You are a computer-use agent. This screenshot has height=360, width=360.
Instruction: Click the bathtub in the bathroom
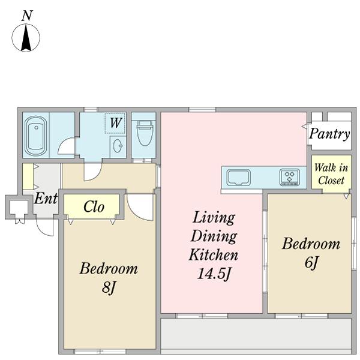point(36,136)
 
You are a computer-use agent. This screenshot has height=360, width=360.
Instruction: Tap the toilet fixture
point(145,133)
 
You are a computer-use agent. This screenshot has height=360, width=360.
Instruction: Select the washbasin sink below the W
point(118,146)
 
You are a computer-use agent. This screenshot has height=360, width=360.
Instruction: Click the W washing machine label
point(115,122)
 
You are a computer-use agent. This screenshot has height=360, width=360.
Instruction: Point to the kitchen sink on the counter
point(239,178)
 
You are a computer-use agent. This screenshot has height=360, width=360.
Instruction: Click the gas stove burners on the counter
point(290,177)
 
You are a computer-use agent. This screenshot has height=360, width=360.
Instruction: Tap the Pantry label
point(329,134)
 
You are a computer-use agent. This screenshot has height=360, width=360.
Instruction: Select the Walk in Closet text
point(331,174)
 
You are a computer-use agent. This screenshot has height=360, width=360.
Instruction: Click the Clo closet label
point(94,206)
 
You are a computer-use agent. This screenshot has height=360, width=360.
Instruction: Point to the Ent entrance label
point(46,198)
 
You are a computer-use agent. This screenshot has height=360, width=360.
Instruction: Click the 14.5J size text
point(214,274)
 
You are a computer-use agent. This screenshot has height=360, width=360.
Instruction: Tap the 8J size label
point(109,287)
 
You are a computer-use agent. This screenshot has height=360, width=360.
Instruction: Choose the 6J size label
point(311,262)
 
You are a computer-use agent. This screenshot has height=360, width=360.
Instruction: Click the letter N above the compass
point(27,16)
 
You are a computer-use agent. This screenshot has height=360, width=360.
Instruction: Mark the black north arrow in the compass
point(26,37)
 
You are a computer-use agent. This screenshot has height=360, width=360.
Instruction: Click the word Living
point(214,218)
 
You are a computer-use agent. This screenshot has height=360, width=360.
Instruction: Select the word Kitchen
point(213,254)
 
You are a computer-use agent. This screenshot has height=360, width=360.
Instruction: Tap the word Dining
point(214,236)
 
